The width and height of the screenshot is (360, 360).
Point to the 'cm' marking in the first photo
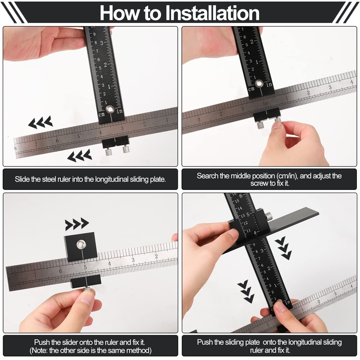102,114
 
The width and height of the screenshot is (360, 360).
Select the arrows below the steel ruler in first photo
80,156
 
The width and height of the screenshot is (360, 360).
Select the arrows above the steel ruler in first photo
40,121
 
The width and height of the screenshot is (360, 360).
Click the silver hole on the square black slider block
81,244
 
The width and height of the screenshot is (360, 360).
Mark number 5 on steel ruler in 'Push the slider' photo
84,267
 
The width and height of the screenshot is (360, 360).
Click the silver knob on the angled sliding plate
268,216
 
